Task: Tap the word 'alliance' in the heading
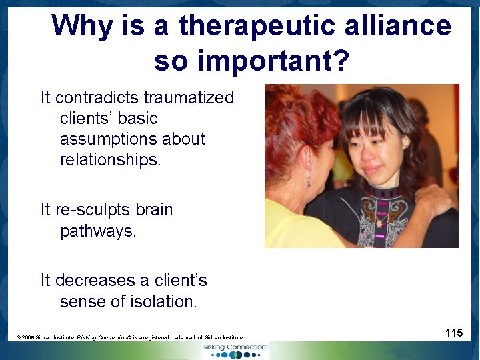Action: tap(406, 27)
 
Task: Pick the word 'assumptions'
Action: tap(133, 139)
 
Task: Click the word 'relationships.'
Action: tap(111, 160)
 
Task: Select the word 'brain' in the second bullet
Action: tap(154, 210)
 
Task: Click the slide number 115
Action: tap(454, 332)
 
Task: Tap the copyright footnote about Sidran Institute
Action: tap(129, 338)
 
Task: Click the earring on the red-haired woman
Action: tap(309, 181)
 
